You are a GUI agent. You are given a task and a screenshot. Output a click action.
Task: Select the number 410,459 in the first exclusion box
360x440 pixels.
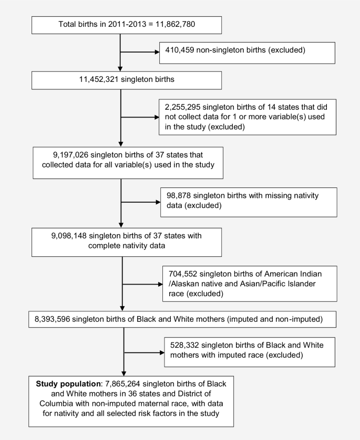coord(183,51)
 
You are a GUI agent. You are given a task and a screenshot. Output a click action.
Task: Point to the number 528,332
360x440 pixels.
coord(188,345)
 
